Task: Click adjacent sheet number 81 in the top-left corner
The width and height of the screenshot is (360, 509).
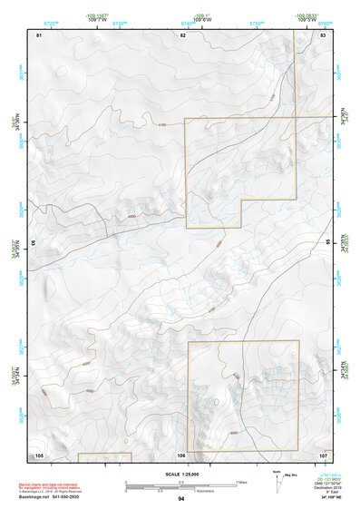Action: pyautogui.click(x=39, y=34)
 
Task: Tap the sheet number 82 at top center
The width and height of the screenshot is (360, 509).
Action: pyautogui.click(x=182, y=34)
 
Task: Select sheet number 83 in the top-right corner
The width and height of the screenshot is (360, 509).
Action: pyautogui.click(x=324, y=34)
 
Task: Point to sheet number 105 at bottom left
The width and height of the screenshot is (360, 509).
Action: pyautogui.click(x=39, y=453)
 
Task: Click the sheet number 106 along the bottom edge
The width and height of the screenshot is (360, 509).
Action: pyautogui.click(x=181, y=453)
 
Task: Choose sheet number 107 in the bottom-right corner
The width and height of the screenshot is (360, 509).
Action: pyautogui.click(x=323, y=453)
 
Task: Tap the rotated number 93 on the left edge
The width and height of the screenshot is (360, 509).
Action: pyautogui.click(x=34, y=243)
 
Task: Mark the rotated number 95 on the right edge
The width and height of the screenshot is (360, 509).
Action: pyautogui.click(x=328, y=243)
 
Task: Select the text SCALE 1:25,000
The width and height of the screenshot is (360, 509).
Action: pyautogui.click(x=181, y=473)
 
